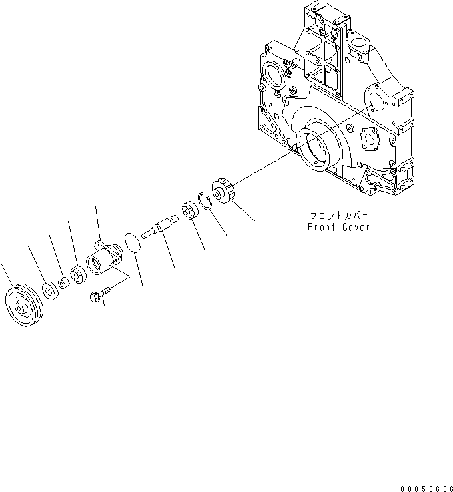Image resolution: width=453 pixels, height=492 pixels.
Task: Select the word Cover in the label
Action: pos(354,227)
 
